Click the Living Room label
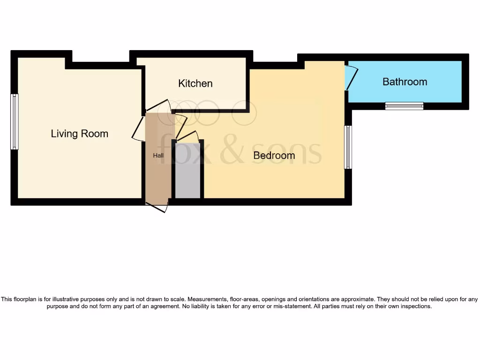tap(79, 134)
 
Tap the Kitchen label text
tap(195, 83)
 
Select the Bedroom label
tap(274, 155)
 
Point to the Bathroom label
tap(405, 82)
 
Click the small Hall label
tap(158, 155)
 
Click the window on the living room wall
tap(15, 121)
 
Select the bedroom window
tap(348, 147)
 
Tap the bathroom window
tap(404, 106)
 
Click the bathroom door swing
tap(352, 78)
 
